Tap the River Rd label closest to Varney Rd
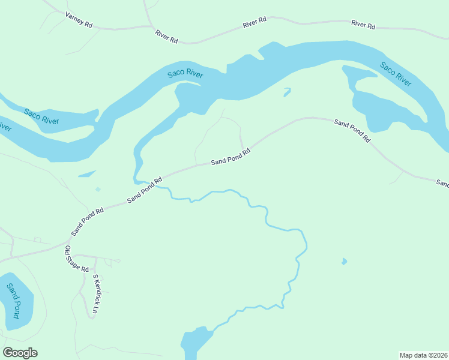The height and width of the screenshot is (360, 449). [166, 36]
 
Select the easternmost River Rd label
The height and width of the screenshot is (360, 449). [363, 26]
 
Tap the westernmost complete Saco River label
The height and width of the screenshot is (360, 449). [41, 116]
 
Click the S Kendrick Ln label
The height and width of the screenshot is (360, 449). [95, 295]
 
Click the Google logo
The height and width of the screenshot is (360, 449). [20, 353]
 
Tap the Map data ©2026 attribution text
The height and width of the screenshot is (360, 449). [423, 355]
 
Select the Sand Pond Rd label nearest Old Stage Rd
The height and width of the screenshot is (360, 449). [88, 221]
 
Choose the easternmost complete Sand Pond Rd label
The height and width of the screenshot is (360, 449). [352, 130]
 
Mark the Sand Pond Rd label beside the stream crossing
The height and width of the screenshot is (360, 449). [145, 190]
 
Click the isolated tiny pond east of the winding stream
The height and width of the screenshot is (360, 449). [344, 262]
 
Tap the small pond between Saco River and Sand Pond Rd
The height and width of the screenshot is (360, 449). [287, 92]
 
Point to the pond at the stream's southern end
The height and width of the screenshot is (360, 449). [196, 342]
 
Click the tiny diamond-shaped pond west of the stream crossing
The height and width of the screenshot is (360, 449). [98, 190]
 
